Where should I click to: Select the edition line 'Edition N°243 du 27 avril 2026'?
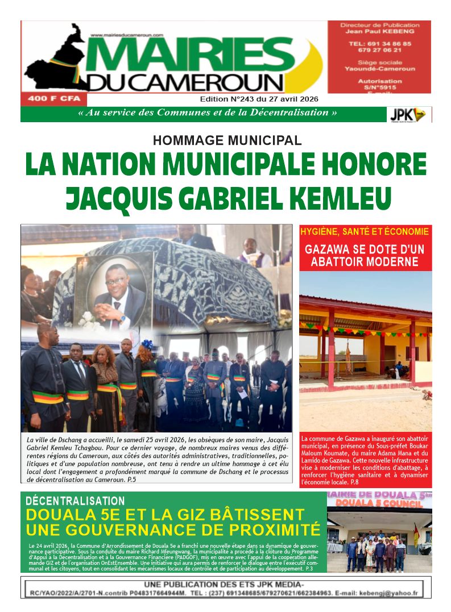click(x=259, y=99)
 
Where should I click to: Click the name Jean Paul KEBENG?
click(x=379, y=32)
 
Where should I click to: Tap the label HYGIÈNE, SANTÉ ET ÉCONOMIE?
click(x=365, y=232)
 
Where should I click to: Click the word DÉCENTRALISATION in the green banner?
click(x=76, y=501)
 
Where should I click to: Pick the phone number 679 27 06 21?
click(x=379, y=49)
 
